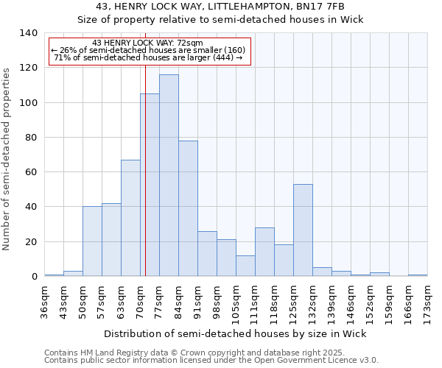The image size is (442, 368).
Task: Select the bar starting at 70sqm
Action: pyautogui.click(x=150, y=185)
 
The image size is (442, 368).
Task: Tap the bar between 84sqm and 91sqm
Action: pyautogui.click(x=188, y=208)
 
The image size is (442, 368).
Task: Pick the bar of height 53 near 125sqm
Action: pyautogui.click(x=303, y=230)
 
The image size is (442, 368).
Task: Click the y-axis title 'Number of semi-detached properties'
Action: pyautogui.click(x=7, y=159)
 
